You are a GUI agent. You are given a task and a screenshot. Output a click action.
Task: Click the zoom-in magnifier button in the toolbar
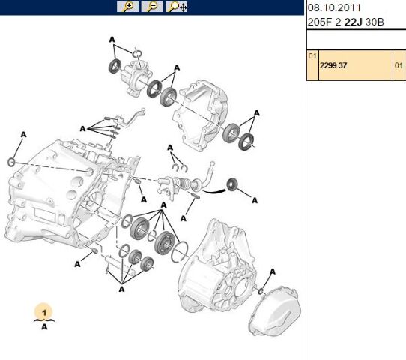pos(127,7)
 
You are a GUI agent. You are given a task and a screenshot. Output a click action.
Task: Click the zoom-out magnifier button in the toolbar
pos(152,7)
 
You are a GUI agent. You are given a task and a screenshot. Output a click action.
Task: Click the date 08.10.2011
pos(334,7)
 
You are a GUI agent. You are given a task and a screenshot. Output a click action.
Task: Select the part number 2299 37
pos(333,65)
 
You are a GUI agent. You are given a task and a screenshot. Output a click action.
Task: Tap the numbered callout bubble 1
pos(44,312)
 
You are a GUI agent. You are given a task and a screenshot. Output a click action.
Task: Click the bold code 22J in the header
pos(353,22)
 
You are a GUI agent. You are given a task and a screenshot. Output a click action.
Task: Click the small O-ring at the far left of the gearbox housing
pos(11,163)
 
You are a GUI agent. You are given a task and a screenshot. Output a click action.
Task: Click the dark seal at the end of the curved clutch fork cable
pos(231,184)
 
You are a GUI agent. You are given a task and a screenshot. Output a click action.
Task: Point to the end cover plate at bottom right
pos(274,310)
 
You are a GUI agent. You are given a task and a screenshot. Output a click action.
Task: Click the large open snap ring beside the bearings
pos(180,251)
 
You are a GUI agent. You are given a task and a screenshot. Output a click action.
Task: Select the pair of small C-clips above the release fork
pos(180,168)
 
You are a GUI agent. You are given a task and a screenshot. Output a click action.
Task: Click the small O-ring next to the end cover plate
pos(261,291)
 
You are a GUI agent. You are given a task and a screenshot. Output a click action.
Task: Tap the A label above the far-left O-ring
pos(23,135)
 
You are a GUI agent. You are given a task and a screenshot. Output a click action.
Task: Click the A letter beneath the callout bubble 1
pos(44,326)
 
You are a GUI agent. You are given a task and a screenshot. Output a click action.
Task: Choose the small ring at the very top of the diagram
pos(137,54)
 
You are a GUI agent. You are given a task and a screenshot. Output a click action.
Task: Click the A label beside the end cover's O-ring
pos(273,272)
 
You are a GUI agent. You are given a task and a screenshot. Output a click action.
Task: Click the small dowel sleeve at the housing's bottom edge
pos(95,250)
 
